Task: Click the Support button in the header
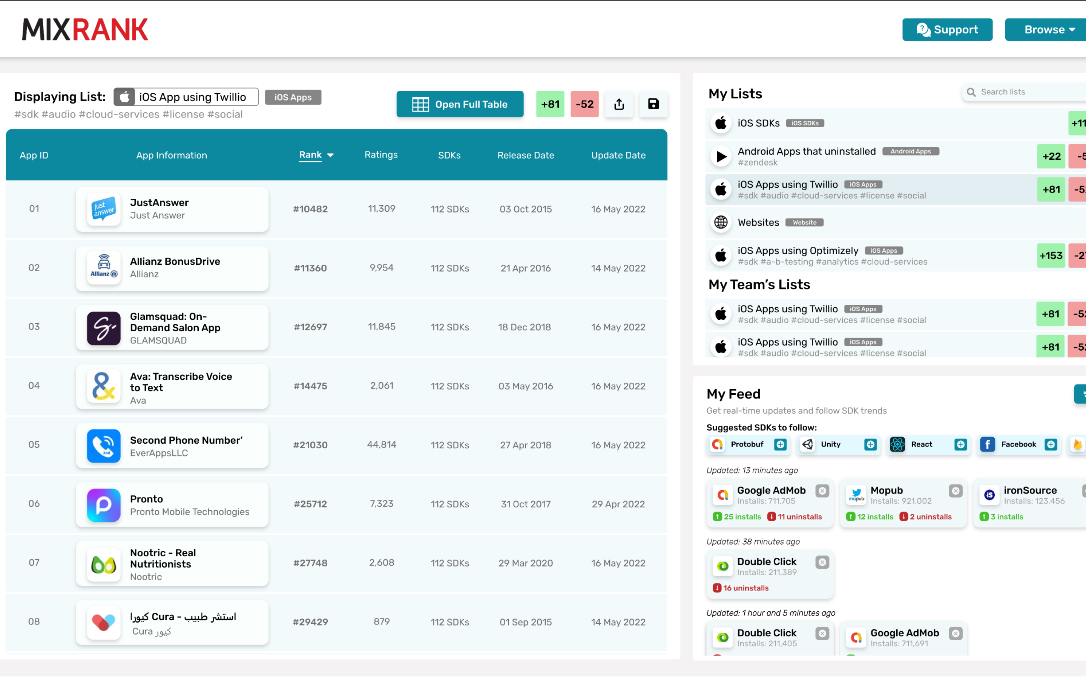[x=947, y=30]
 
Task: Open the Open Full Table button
[x=460, y=104]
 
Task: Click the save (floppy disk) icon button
[x=653, y=104]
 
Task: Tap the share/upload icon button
[x=619, y=104]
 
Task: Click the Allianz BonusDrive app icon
[x=104, y=268]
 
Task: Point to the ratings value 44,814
[x=382, y=444]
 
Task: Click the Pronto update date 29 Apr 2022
[x=618, y=504]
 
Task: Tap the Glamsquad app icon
[x=104, y=328]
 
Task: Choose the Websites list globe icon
[x=721, y=222]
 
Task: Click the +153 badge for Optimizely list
[x=1051, y=256]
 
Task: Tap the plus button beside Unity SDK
[x=870, y=444]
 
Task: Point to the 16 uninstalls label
[x=745, y=588]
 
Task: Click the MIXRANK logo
[x=85, y=30]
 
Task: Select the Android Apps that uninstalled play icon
[x=721, y=156]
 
